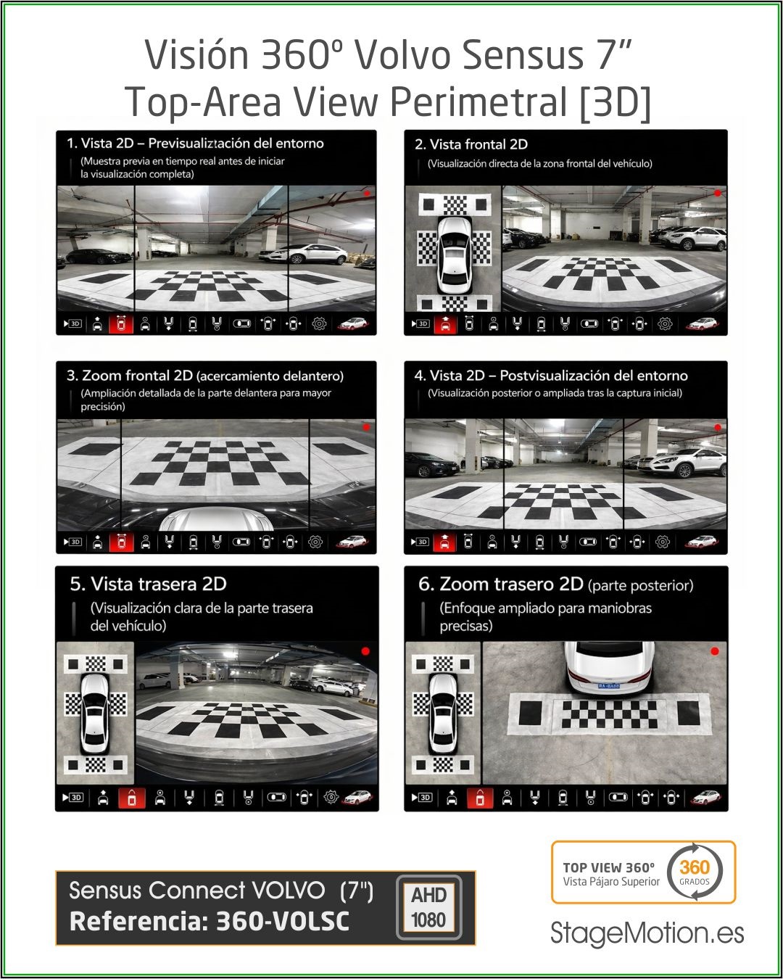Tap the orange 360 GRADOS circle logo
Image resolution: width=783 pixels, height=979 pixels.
point(695,871)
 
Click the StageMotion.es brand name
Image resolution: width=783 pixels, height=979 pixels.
point(647,933)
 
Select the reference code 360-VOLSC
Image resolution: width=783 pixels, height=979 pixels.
point(283,922)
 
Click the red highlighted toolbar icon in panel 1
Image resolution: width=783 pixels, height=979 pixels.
point(121,323)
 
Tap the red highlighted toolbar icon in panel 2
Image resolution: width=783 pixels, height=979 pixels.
point(445,324)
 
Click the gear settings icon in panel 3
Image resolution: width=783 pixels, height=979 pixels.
point(315,542)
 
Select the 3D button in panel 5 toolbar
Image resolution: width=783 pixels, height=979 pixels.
point(72,798)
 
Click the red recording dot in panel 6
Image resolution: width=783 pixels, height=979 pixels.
point(715,651)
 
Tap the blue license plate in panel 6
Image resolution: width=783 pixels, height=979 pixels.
point(609,685)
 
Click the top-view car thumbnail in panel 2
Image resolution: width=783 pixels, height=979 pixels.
point(453,255)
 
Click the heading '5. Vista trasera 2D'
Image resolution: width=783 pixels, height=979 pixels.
point(149,584)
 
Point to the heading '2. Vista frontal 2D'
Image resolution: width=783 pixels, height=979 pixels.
point(471,144)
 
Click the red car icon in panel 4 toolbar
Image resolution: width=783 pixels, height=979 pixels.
point(702,542)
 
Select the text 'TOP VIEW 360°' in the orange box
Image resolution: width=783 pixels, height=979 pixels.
point(609,867)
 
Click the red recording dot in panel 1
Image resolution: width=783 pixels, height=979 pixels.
point(367,194)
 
